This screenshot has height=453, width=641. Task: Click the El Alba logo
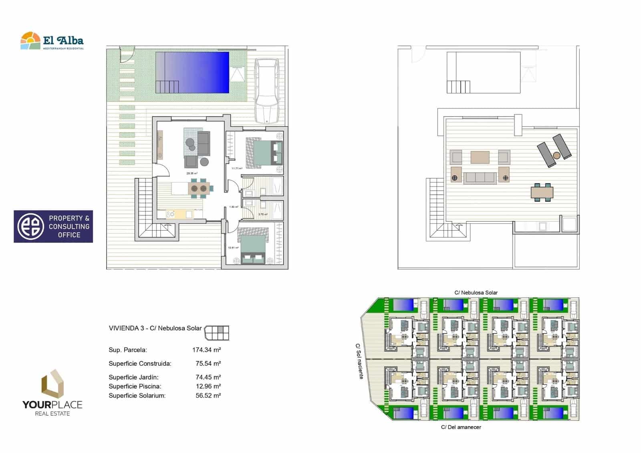coord(52,41)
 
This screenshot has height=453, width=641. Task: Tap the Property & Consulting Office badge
coord(53,226)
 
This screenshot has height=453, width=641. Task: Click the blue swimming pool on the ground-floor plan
coord(192,72)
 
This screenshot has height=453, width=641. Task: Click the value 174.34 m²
coord(206,350)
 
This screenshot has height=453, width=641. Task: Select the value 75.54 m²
coord(208,364)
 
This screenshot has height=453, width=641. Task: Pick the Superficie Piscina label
coord(135,387)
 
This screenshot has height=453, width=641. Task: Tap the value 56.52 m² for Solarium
coord(208,396)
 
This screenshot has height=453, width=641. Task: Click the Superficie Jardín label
coord(133,377)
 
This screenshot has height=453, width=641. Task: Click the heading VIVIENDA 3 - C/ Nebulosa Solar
coord(155,328)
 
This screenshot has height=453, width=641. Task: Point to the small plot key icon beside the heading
coord(216,332)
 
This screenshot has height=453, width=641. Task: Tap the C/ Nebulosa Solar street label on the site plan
coord(476,293)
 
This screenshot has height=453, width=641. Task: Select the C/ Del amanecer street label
coord(461,427)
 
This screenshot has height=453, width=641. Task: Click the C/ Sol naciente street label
coord(359,361)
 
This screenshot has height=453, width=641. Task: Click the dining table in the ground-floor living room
coord(199,188)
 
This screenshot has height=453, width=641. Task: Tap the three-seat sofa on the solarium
coord(480,177)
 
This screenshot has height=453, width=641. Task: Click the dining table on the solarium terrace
coord(542,192)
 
